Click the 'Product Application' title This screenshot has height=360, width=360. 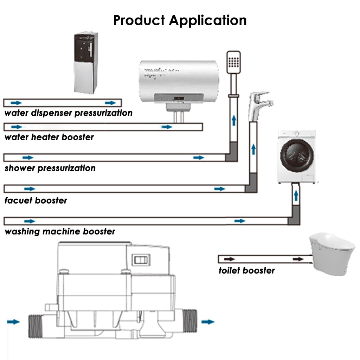[180, 20]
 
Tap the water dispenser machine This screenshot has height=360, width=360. [85, 63]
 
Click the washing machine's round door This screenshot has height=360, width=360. [297, 155]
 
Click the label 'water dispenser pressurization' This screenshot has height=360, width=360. [69, 113]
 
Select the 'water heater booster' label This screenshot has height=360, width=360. [49, 137]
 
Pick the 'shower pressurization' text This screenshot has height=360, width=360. [50, 168]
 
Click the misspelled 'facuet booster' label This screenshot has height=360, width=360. [36, 201]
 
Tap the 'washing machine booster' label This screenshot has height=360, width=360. [60, 232]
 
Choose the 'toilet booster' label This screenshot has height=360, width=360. [246, 270]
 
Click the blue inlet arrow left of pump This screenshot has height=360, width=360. [13, 322]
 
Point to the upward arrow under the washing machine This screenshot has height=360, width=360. [296, 195]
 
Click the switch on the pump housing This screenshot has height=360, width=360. [141, 260]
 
